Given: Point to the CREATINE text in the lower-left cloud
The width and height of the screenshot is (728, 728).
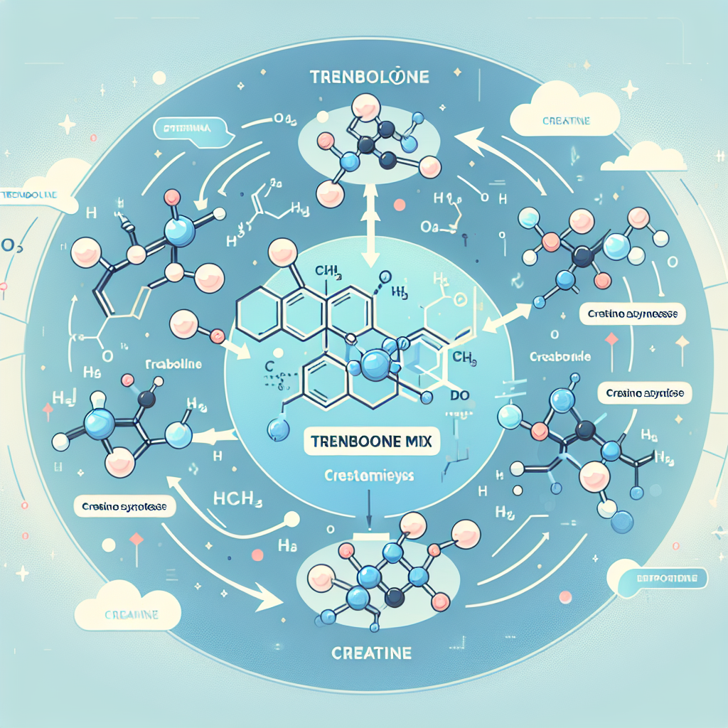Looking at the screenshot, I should point(131,614).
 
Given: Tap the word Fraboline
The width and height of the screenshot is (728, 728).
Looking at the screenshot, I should point(173,364).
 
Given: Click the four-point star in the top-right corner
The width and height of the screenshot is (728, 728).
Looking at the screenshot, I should point(629,90).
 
